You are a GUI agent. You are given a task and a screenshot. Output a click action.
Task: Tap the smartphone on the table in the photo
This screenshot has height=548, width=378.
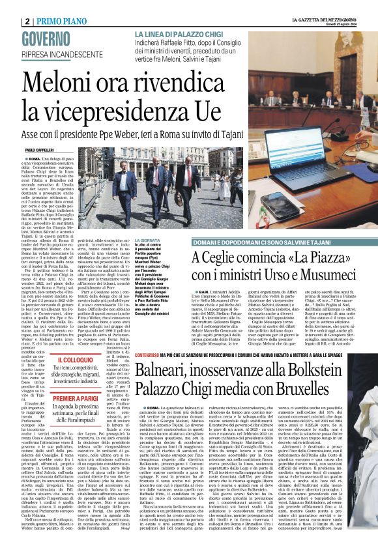click(280, 206)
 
